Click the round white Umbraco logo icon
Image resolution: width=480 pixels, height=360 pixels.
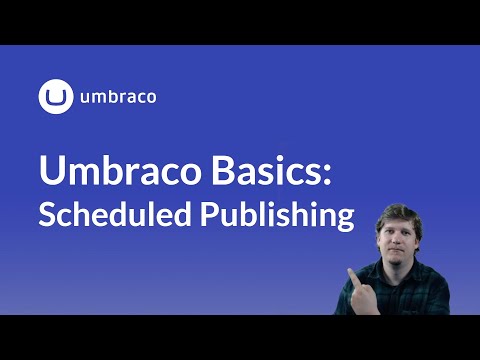(x=56, y=97)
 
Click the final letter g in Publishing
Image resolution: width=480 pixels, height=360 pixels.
(x=344, y=220)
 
